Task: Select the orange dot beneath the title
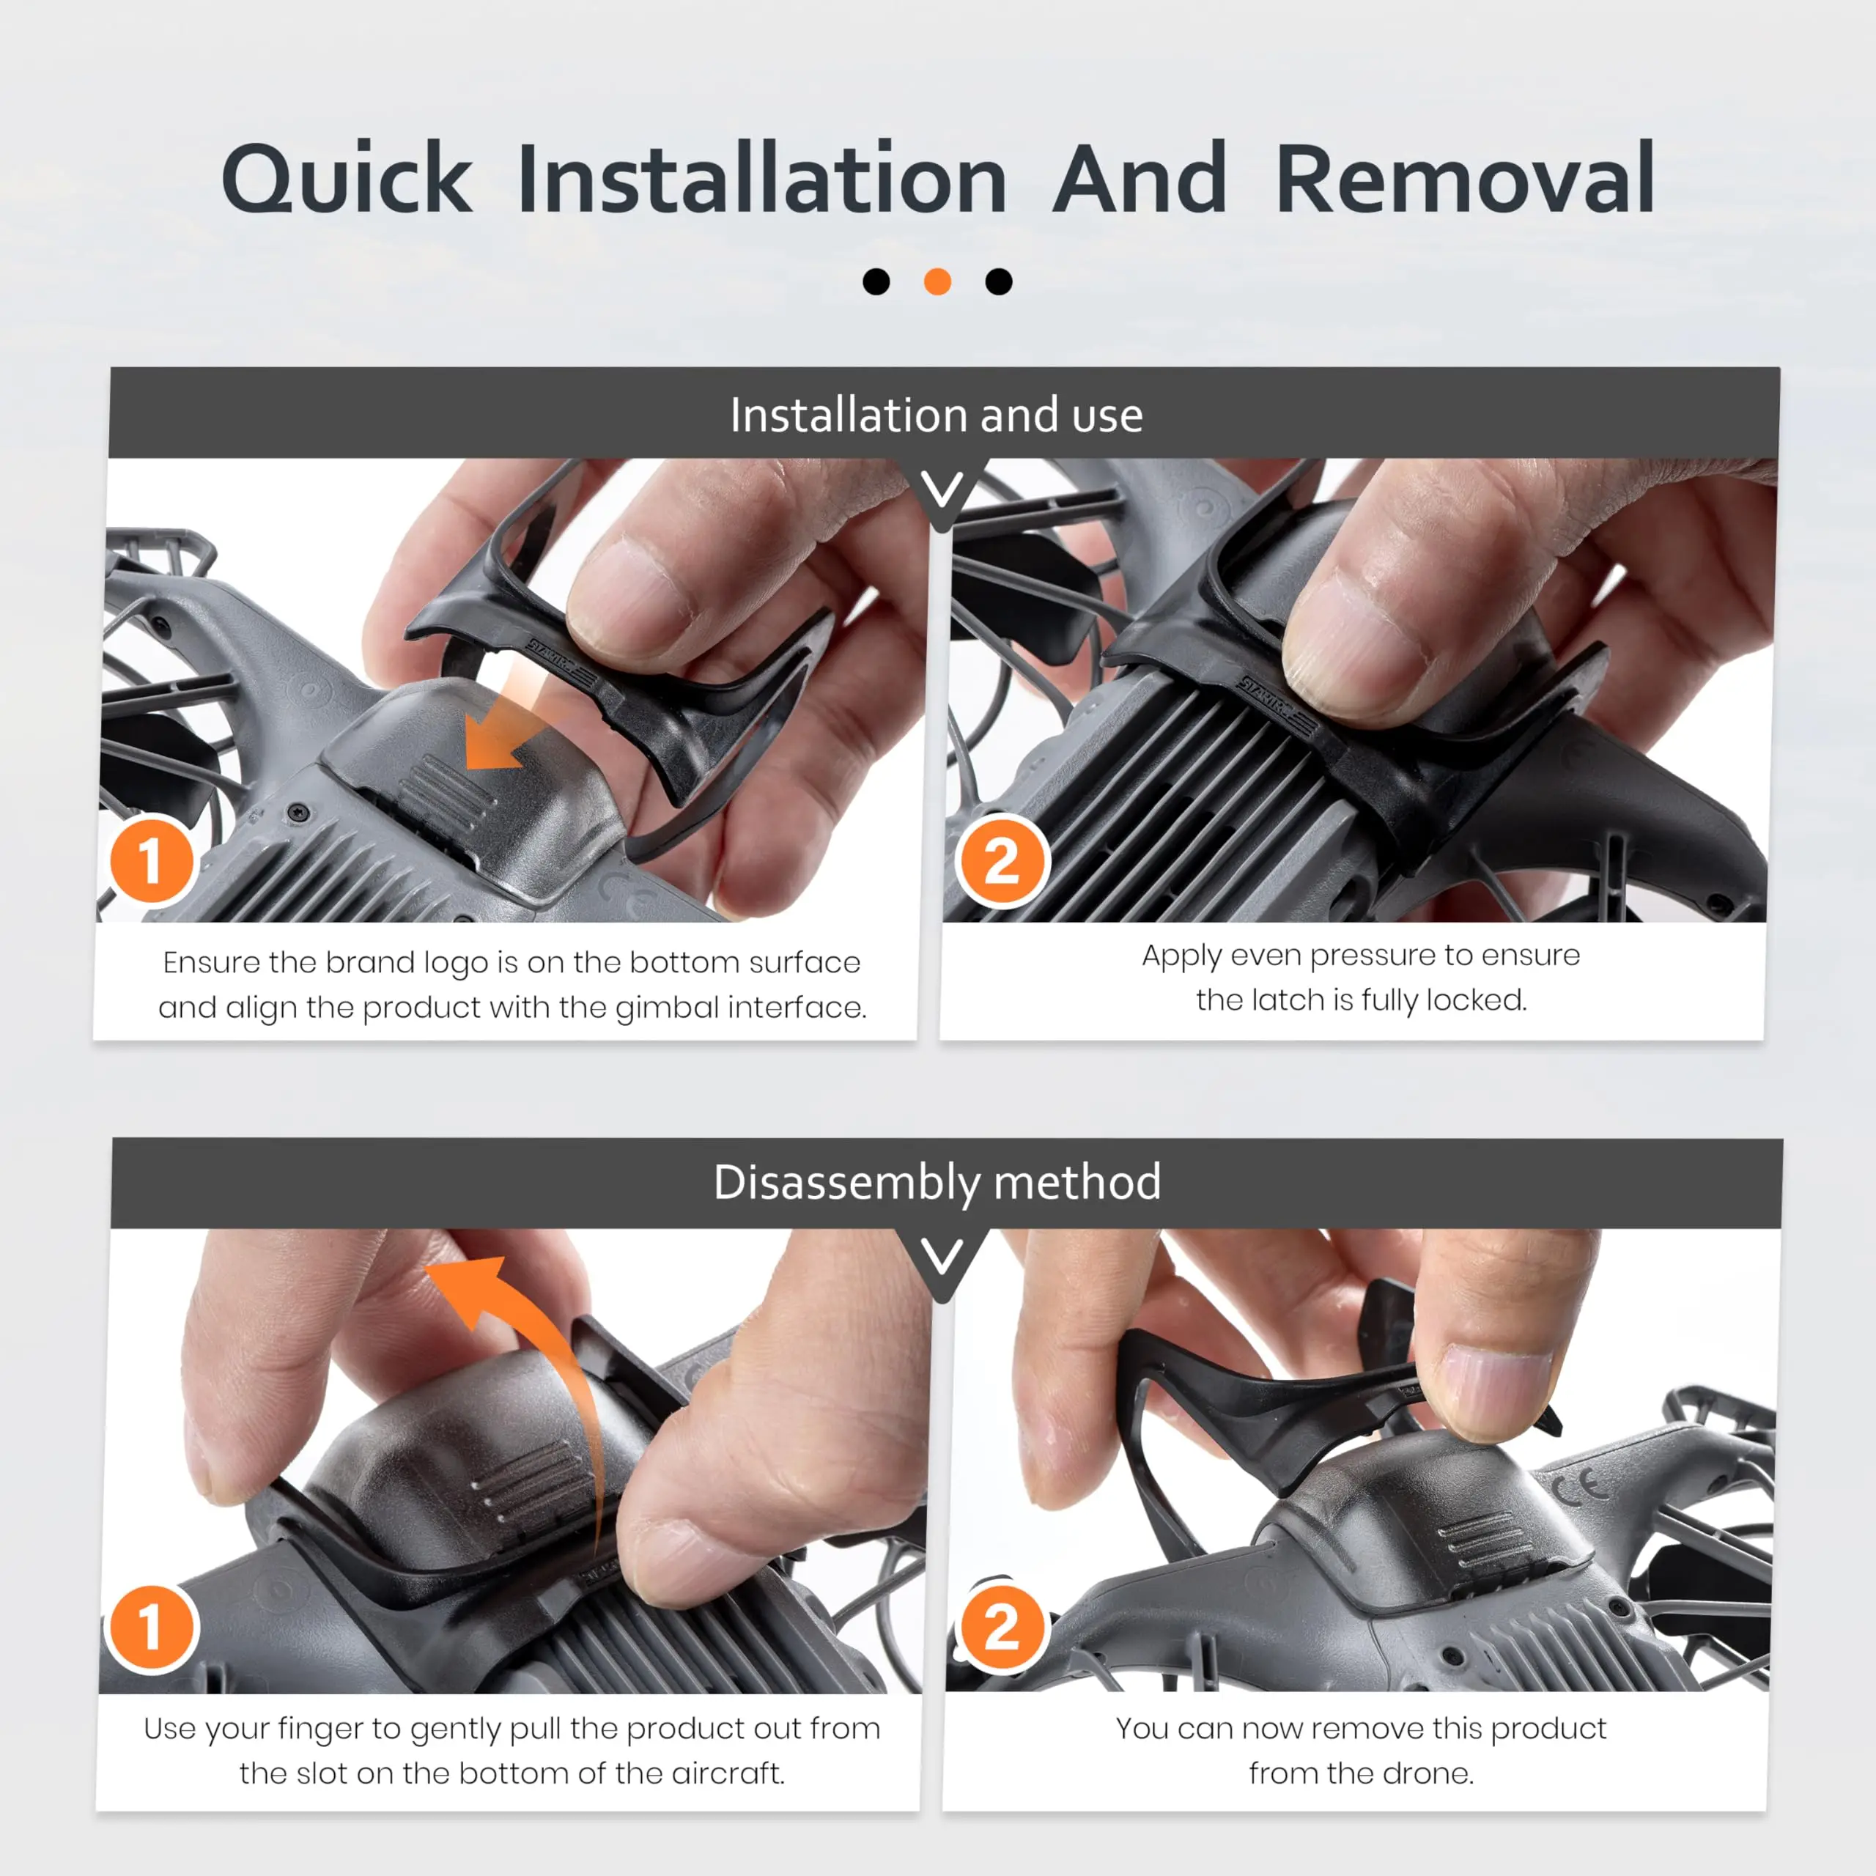(937, 281)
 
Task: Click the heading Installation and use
(937, 416)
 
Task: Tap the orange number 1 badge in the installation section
(152, 860)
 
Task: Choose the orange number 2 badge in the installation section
(1001, 861)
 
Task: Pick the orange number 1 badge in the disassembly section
(152, 1626)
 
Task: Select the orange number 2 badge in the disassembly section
(1001, 1626)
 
